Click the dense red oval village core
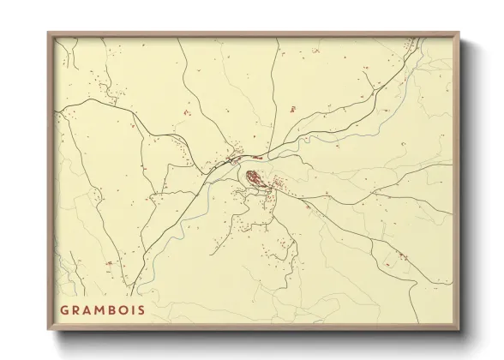pyautogui.click(x=255, y=178)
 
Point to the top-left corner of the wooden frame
pyautogui.click(x=48, y=33)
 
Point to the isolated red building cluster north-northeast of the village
pyautogui.click(x=291, y=109)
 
